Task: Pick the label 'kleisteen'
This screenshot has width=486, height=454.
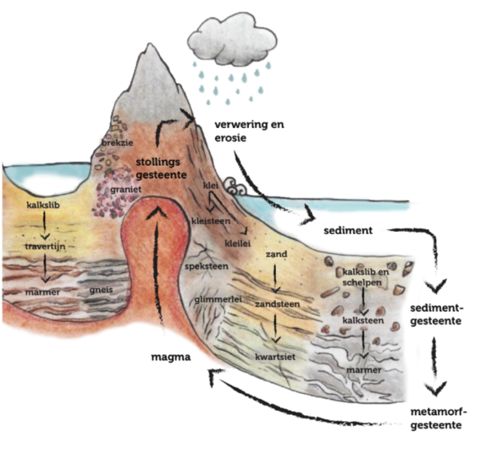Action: pos(211,222)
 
